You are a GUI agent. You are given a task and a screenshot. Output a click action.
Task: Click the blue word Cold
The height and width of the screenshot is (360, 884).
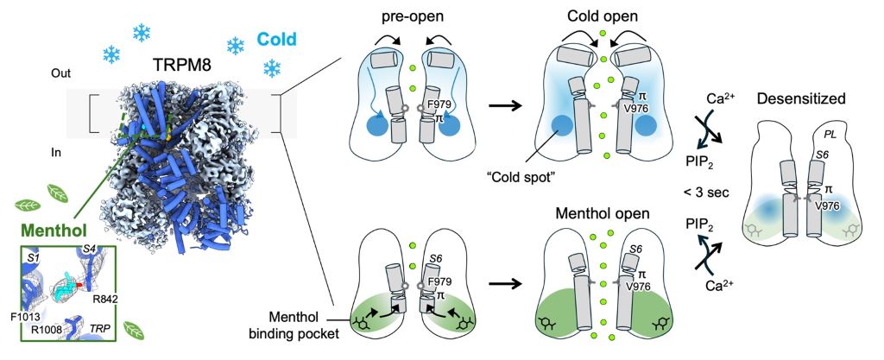[x=277, y=38]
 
